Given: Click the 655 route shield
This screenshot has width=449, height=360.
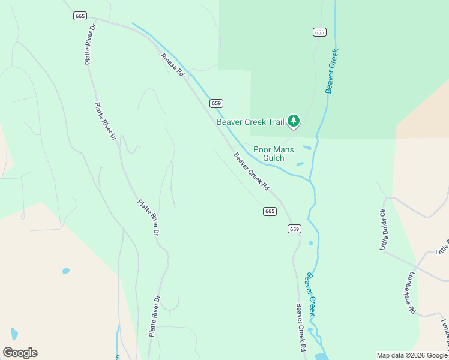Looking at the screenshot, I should pos(319,32).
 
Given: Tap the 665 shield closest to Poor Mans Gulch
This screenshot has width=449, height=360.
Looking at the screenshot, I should pos(270,211).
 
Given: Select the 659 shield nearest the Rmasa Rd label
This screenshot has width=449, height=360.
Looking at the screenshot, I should pos(217,103).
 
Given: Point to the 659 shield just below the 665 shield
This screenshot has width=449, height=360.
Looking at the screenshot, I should pos(294,229).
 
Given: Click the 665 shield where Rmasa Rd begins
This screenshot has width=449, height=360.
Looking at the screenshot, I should pos(80,16).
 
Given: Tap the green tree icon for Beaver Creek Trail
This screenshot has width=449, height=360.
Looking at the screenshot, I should pos(294,122).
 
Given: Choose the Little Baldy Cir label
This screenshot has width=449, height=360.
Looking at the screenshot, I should pos(384,230).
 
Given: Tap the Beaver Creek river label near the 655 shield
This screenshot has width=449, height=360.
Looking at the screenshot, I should pos(331,71).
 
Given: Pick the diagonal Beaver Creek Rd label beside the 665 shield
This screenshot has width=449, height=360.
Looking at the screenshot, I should pos(252,172).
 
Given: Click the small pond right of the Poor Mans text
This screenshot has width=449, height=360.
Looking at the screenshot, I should pos(307,148).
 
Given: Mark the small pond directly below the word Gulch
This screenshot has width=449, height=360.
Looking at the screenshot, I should pos(300,164).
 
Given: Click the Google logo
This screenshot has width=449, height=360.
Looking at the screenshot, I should pos(20,353).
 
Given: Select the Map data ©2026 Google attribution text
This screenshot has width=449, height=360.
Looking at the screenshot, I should pos(412,355).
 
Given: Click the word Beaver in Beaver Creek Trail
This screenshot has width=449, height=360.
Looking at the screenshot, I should pos(230,122).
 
